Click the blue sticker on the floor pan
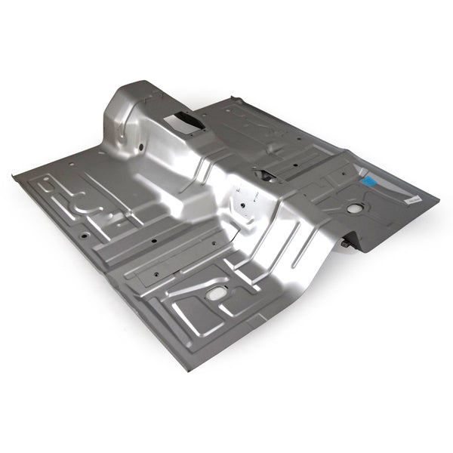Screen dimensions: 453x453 tap(369, 181)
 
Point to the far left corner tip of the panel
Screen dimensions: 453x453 tap(15, 177)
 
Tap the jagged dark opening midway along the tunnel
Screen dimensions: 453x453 tap(265, 174)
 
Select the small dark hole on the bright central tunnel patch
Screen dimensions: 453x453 tap(243, 204)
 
